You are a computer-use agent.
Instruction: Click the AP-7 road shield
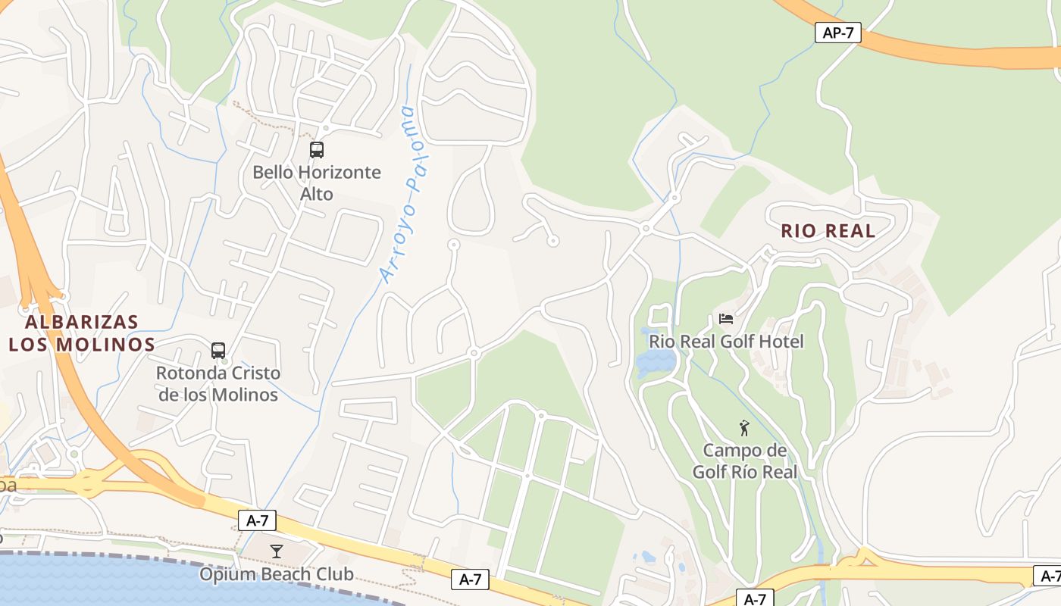pos(837,33)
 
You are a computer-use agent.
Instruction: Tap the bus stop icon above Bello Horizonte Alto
pos(317,150)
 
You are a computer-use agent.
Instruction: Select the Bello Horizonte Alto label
pos(317,183)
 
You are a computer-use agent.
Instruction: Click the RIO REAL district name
pos(828,231)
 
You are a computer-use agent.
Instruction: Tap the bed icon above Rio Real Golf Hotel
pos(726,319)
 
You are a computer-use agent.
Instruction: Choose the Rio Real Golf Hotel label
pos(726,342)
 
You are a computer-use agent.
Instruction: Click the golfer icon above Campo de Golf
pos(744,428)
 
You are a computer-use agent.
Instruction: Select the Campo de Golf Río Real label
pos(745,461)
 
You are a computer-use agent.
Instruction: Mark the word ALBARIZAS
pos(82,322)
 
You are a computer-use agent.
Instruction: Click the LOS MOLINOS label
pos(82,345)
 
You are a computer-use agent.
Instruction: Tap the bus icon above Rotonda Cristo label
pos(218,351)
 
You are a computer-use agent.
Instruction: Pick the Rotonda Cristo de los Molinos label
pos(218,384)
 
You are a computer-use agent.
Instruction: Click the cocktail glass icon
pos(277,551)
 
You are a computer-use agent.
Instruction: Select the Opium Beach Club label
pos(277,574)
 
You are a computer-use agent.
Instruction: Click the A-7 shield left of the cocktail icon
pos(257,520)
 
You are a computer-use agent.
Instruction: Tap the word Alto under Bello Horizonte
pos(317,194)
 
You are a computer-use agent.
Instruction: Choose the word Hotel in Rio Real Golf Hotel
pos(780,342)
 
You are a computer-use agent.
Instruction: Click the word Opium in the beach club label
pos(223,574)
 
